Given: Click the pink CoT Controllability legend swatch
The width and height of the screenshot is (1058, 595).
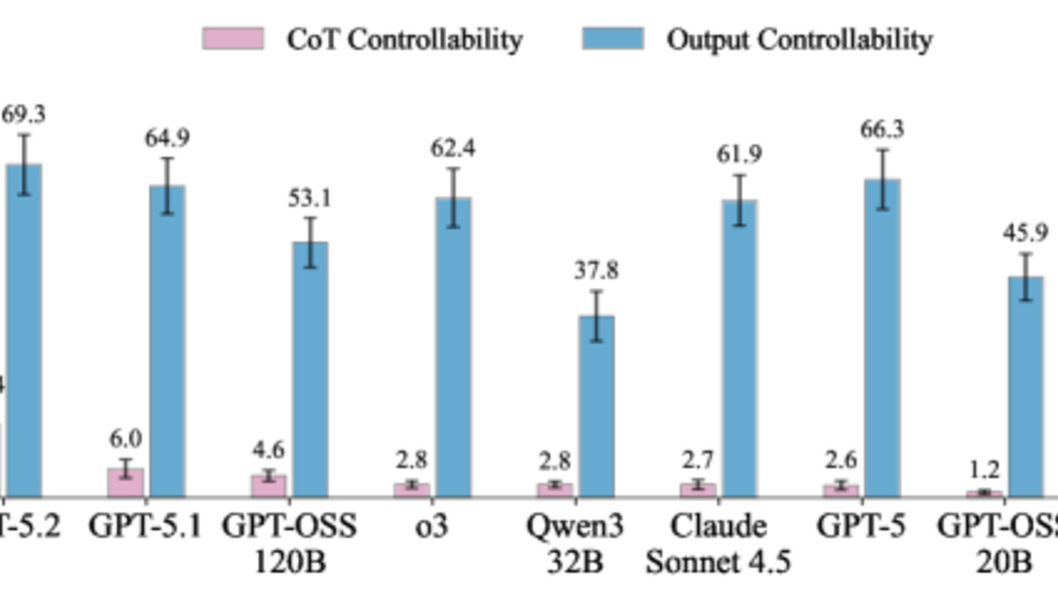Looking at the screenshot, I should click(233, 39).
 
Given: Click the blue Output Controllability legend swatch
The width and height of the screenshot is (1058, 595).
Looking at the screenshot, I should click(613, 39).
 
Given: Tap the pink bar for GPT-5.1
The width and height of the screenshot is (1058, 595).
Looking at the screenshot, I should click(126, 483).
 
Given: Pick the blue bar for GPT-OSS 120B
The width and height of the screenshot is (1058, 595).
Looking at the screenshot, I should click(310, 369).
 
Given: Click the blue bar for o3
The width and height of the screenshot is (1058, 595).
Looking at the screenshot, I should click(453, 347).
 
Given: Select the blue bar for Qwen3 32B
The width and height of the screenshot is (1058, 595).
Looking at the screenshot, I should click(596, 406).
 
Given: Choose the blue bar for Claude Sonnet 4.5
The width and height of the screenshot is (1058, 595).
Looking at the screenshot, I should click(739, 348).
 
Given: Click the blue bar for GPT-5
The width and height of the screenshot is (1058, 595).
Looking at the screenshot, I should click(882, 338).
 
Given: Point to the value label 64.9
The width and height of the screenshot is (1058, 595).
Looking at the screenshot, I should click(168, 138).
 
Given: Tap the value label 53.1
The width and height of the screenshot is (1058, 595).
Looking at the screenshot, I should click(309, 198).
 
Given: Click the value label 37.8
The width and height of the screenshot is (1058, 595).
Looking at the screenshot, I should click(596, 271).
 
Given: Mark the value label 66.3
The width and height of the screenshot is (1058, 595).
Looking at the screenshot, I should click(883, 130).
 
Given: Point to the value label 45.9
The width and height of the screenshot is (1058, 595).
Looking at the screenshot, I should click(1025, 234).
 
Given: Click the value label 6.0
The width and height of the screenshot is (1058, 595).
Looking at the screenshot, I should click(125, 439).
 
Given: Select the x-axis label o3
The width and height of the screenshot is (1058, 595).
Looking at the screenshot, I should click(432, 526).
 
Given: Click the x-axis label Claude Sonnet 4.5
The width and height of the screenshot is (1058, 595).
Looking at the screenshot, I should click(718, 543).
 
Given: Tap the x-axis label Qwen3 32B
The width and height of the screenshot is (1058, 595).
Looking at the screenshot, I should click(575, 543).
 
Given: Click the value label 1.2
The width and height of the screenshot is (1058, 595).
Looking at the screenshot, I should click(984, 470).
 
